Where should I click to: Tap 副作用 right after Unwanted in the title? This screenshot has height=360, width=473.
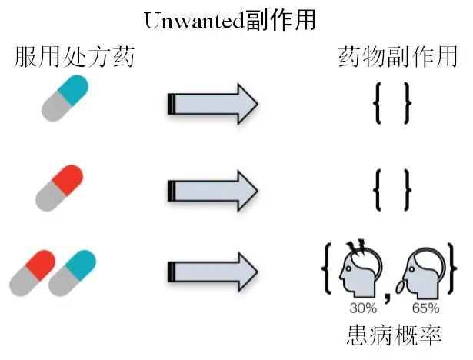[x=282, y=18]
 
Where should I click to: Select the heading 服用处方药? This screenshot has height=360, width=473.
[x=74, y=56]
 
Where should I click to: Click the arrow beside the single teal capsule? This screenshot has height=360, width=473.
[x=212, y=103]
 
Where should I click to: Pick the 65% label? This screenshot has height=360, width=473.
[x=425, y=308]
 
